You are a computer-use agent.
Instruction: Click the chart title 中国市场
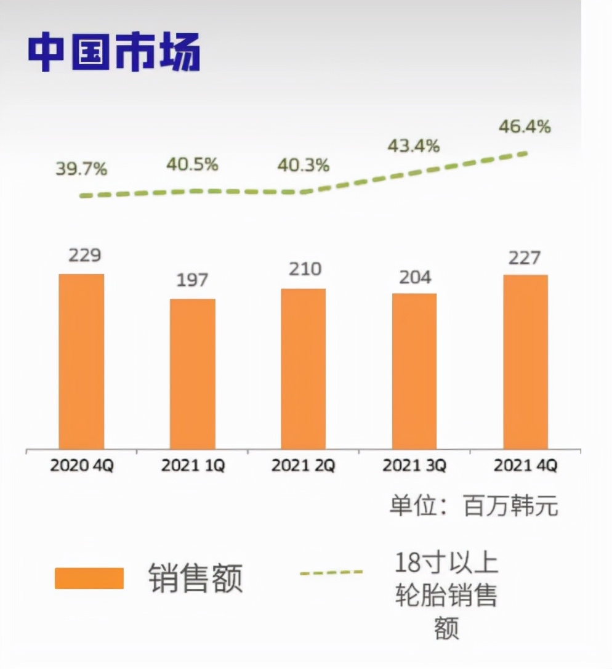click(114, 52)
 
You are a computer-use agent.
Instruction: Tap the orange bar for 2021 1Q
click(193, 373)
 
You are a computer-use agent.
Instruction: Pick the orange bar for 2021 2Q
click(304, 368)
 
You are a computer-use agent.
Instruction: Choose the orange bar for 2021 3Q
click(414, 371)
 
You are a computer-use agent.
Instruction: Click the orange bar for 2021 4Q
click(525, 362)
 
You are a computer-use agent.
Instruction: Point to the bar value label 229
click(84, 255)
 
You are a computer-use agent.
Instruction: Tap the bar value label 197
click(192, 280)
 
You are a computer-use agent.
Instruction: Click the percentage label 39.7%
click(81, 169)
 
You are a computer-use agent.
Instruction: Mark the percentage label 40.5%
click(192, 164)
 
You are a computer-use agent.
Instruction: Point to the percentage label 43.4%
click(413, 147)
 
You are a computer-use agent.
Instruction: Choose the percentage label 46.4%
click(525, 128)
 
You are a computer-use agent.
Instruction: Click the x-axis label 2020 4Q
click(82, 466)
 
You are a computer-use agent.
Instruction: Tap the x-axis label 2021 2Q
click(303, 466)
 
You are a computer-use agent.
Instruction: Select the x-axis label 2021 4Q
click(525, 466)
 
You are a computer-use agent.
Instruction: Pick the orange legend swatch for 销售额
click(89, 578)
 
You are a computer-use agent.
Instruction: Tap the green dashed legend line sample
click(331, 572)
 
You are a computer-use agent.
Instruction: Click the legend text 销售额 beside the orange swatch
click(196, 578)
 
